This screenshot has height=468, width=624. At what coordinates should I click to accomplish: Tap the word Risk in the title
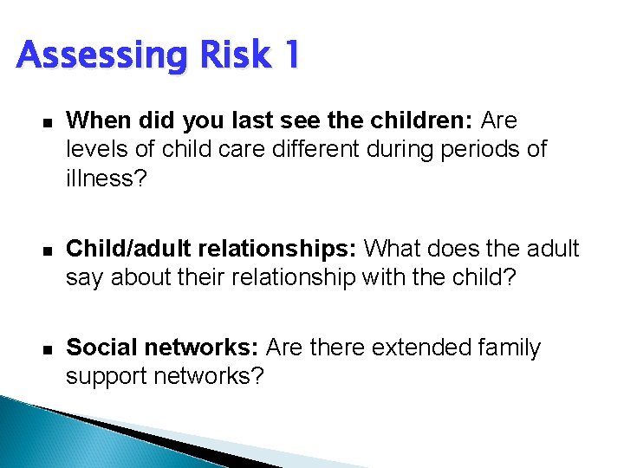click(233, 55)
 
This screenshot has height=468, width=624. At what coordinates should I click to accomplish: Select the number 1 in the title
click(291, 55)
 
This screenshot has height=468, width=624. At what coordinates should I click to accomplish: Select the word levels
click(96, 149)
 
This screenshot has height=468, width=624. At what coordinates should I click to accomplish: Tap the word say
click(85, 278)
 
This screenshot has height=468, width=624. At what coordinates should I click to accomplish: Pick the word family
click(510, 348)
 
